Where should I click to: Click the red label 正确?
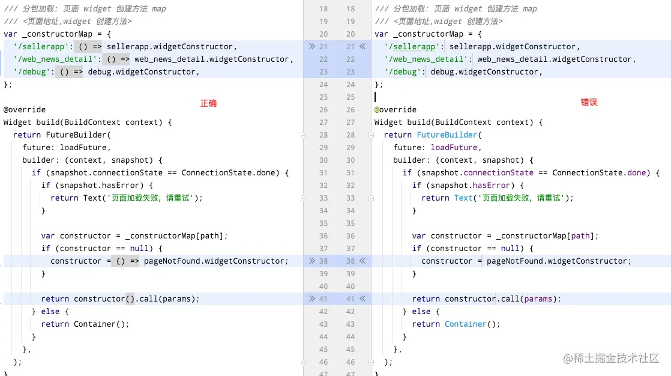[x=208, y=103]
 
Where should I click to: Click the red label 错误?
[x=589, y=102]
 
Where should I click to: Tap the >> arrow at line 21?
[x=311, y=47]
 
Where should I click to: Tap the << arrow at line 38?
[x=363, y=261]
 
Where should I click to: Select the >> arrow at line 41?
[x=311, y=299]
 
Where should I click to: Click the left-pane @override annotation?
[x=25, y=110]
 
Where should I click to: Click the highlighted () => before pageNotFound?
[x=126, y=261]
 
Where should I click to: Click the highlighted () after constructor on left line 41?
[x=130, y=299]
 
